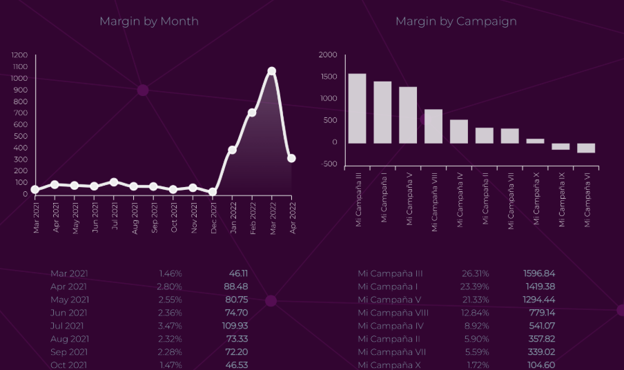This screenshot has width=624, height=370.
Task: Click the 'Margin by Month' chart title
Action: pyautogui.click(x=148, y=21)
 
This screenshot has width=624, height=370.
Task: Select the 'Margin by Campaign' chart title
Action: pyautogui.click(x=456, y=21)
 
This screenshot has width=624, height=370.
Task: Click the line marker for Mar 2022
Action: pyautogui.click(x=272, y=71)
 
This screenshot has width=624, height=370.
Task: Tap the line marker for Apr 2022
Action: pyautogui.click(x=291, y=158)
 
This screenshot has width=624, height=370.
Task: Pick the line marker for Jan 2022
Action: pyautogui.click(x=233, y=150)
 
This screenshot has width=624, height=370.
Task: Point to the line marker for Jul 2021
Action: pyautogui.click(x=114, y=182)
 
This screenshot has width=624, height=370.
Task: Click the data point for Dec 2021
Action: pyautogui.click(x=213, y=192)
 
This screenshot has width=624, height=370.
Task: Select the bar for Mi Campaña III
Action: pyautogui.click(x=357, y=108)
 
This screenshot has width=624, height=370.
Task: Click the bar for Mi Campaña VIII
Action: pyautogui.click(x=433, y=126)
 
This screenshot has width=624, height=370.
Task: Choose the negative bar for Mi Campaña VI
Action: pyautogui.click(x=586, y=148)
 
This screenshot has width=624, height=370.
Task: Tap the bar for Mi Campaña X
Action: pyautogui.click(x=535, y=141)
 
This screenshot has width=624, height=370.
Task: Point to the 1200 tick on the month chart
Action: pyautogui.click(x=20, y=55)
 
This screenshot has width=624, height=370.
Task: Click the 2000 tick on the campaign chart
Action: pyautogui.click(x=328, y=55)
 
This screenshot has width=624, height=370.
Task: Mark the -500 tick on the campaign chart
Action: pyautogui.click(x=329, y=164)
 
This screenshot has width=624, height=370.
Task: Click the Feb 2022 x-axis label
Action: pyautogui.click(x=253, y=217)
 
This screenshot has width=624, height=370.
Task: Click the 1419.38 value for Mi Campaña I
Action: pyautogui.click(x=539, y=286)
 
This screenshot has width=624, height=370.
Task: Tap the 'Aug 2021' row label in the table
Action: pyautogui.click(x=69, y=339)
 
